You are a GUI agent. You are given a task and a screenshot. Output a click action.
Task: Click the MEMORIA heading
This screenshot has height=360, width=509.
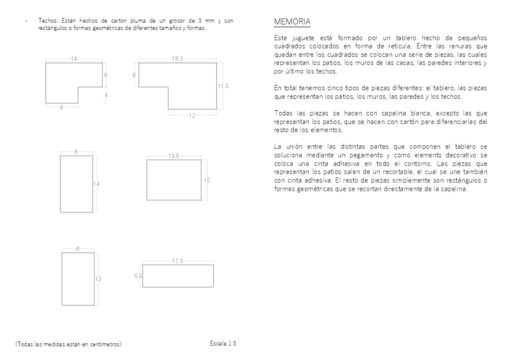(x=292, y=22)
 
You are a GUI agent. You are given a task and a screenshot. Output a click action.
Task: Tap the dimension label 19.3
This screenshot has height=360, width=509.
(x=177, y=59)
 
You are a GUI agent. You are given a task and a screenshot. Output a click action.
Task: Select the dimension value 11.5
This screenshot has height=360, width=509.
(x=223, y=86)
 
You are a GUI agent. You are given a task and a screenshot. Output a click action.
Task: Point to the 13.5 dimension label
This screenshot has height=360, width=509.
(x=174, y=155)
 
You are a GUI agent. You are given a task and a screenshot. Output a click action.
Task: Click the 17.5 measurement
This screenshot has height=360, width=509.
(x=178, y=261)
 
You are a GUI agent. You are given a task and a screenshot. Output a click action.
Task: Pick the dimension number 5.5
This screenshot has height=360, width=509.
(x=137, y=276)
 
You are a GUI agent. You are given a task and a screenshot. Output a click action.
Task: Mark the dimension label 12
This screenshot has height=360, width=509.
(x=192, y=115)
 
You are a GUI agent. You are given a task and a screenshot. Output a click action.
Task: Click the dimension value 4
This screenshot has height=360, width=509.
(x=105, y=95)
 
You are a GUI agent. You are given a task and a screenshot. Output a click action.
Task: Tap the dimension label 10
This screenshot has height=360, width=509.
(x=207, y=180)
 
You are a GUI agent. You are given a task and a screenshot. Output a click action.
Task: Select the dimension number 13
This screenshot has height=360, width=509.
(x=98, y=279)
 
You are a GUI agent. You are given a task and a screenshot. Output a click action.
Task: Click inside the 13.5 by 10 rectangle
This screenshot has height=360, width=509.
(x=174, y=180)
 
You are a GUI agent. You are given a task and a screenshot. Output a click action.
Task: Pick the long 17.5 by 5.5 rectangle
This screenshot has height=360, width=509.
(x=178, y=276)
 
